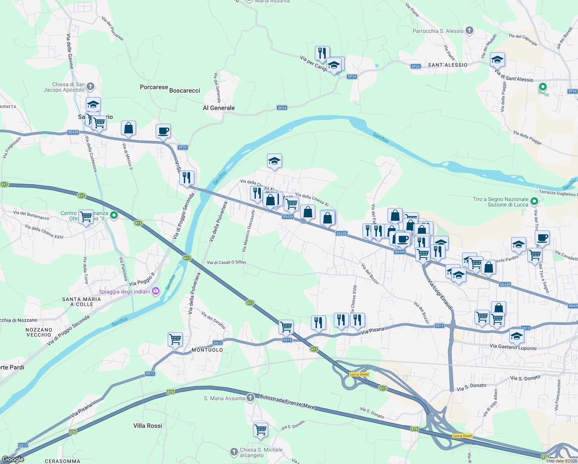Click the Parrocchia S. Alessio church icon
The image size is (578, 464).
click(469, 31)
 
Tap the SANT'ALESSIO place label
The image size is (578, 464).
click(447, 65)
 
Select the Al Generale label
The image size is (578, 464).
click(219, 108)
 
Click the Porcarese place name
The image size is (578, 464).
click(154, 87)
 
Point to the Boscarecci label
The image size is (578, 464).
click(185, 90)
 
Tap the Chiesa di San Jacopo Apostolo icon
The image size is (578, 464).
click(90, 86)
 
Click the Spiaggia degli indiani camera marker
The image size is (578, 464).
click(156, 291)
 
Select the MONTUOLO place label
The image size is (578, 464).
click(207, 350)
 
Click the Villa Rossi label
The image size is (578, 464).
click(148, 426)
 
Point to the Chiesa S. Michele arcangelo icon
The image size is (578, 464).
click(234, 452)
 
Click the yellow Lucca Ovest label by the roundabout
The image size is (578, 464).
click(359, 374)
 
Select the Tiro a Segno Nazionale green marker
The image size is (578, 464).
click(534, 201)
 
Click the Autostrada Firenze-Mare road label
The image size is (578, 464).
click(287, 402)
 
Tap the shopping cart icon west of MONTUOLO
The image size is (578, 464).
click(175, 339)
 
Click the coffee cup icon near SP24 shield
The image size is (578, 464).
click(163, 131)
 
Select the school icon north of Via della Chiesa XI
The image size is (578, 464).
click(274, 161)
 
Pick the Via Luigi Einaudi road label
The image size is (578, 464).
click(440, 294)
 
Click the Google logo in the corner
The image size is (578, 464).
click(13, 459)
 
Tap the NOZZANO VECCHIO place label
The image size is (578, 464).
click(39, 332)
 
